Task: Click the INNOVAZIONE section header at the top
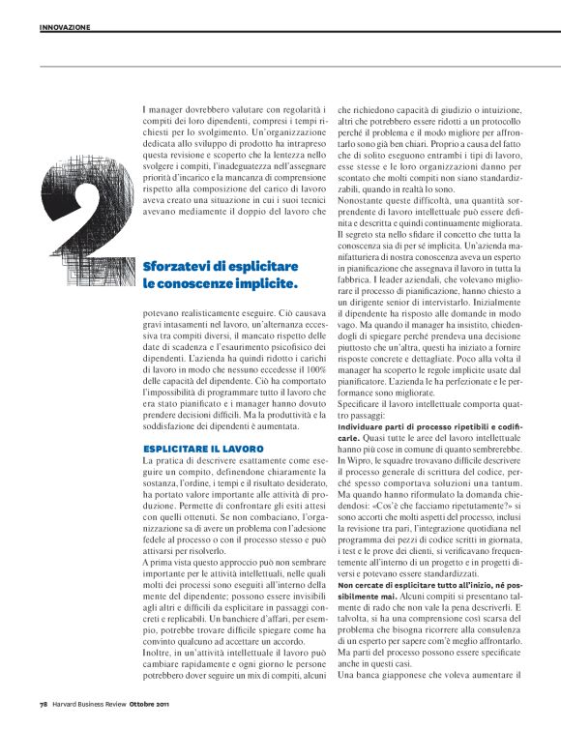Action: coord(65,27)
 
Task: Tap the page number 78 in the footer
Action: coord(44,703)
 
